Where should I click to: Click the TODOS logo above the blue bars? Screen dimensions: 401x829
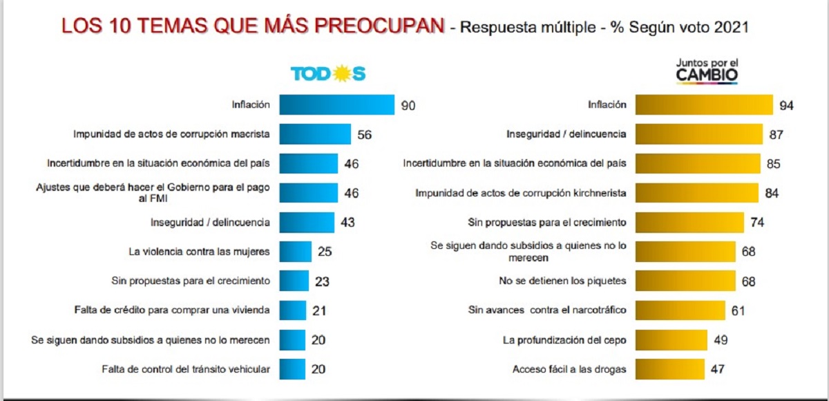[x=327, y=74]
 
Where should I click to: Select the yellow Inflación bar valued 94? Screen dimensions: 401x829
[x=704, y=105]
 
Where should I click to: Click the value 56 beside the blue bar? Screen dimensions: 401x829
[x=365, y=135]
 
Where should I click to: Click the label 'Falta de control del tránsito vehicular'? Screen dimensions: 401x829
[x=185, y=369]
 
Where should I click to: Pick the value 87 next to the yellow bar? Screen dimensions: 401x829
[x=774, y=135]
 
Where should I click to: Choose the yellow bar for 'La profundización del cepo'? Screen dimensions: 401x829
[x=671, y=339]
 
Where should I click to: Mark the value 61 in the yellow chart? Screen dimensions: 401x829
[x=738, y=310]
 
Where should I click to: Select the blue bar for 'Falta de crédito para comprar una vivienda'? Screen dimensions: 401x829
[x=294, y=310]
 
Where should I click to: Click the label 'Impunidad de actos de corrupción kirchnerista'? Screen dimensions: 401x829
[x=522, y=193]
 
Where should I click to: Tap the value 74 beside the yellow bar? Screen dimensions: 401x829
[x=757, y=223]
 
